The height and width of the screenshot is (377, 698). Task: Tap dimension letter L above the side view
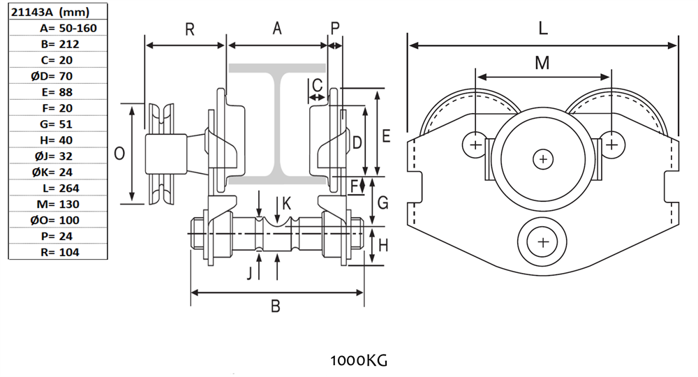pyautogui.click(x=543, y=29)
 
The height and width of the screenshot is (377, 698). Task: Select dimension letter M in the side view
pyautogui.click(x=542, y=63)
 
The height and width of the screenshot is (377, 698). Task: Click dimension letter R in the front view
pyautogui.click(x=189, y=29)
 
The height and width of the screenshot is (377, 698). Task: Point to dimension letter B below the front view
pyautogui.click(x=276, y=306)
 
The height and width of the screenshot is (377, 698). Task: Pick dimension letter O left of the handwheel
pyautogui.click(x=119, y=154)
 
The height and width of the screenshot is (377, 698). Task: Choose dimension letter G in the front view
pyautogui.click(x=382, y=202)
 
